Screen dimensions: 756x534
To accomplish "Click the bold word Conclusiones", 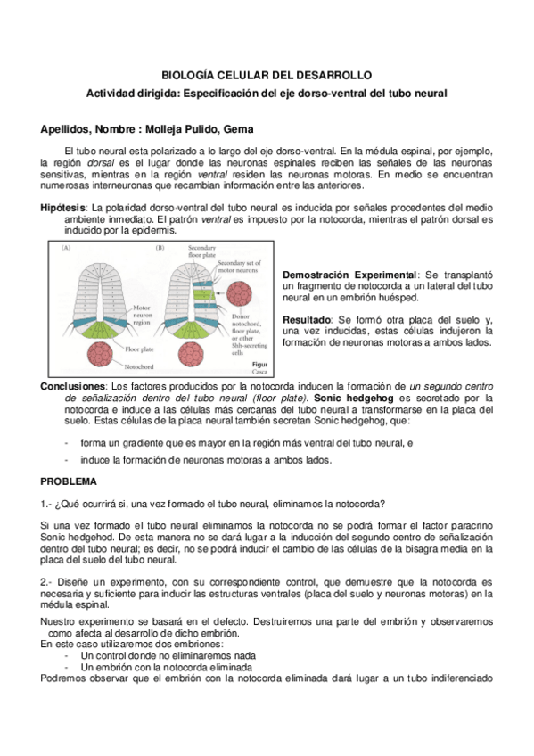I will [x=72, y=385].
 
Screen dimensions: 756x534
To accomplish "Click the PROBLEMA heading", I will [x=71, y=481].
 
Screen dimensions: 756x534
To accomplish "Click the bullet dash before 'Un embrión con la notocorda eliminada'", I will [x=68, y=667].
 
